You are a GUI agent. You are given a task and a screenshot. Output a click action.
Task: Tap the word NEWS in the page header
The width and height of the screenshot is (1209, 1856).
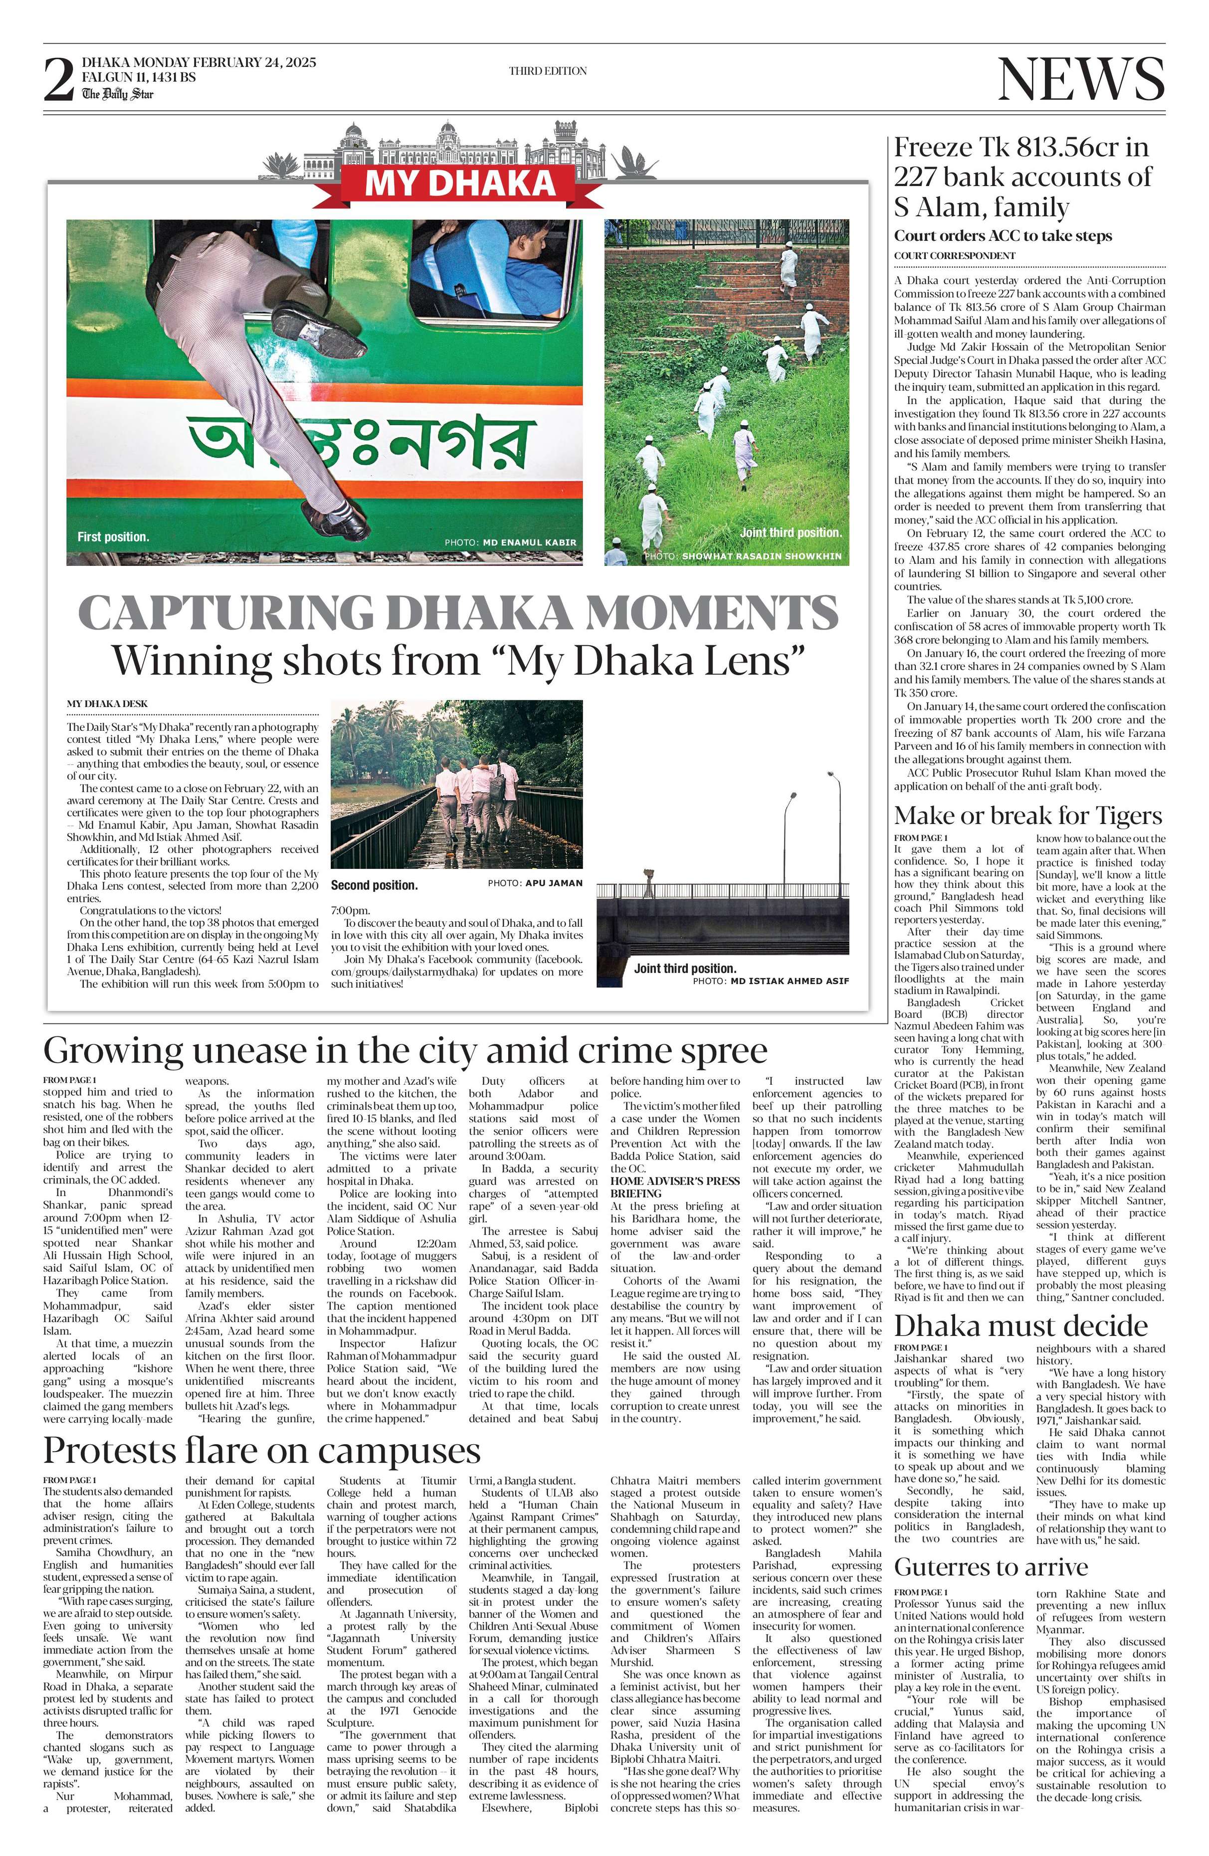click(x=1081, y=80)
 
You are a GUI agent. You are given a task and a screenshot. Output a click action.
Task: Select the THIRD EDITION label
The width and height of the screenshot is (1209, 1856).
click(x=548, y=71)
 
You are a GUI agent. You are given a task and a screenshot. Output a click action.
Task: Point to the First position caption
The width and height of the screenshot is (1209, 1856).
click(x=113, y=536)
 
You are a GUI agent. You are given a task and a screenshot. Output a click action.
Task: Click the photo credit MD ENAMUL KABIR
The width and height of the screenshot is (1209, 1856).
click(x=530, y=542)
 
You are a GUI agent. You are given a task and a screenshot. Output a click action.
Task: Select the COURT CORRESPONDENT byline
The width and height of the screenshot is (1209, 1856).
click(x=954, y=256)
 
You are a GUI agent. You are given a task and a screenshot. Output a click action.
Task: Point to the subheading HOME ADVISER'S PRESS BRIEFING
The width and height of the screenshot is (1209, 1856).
click(x=675, y=1187)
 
